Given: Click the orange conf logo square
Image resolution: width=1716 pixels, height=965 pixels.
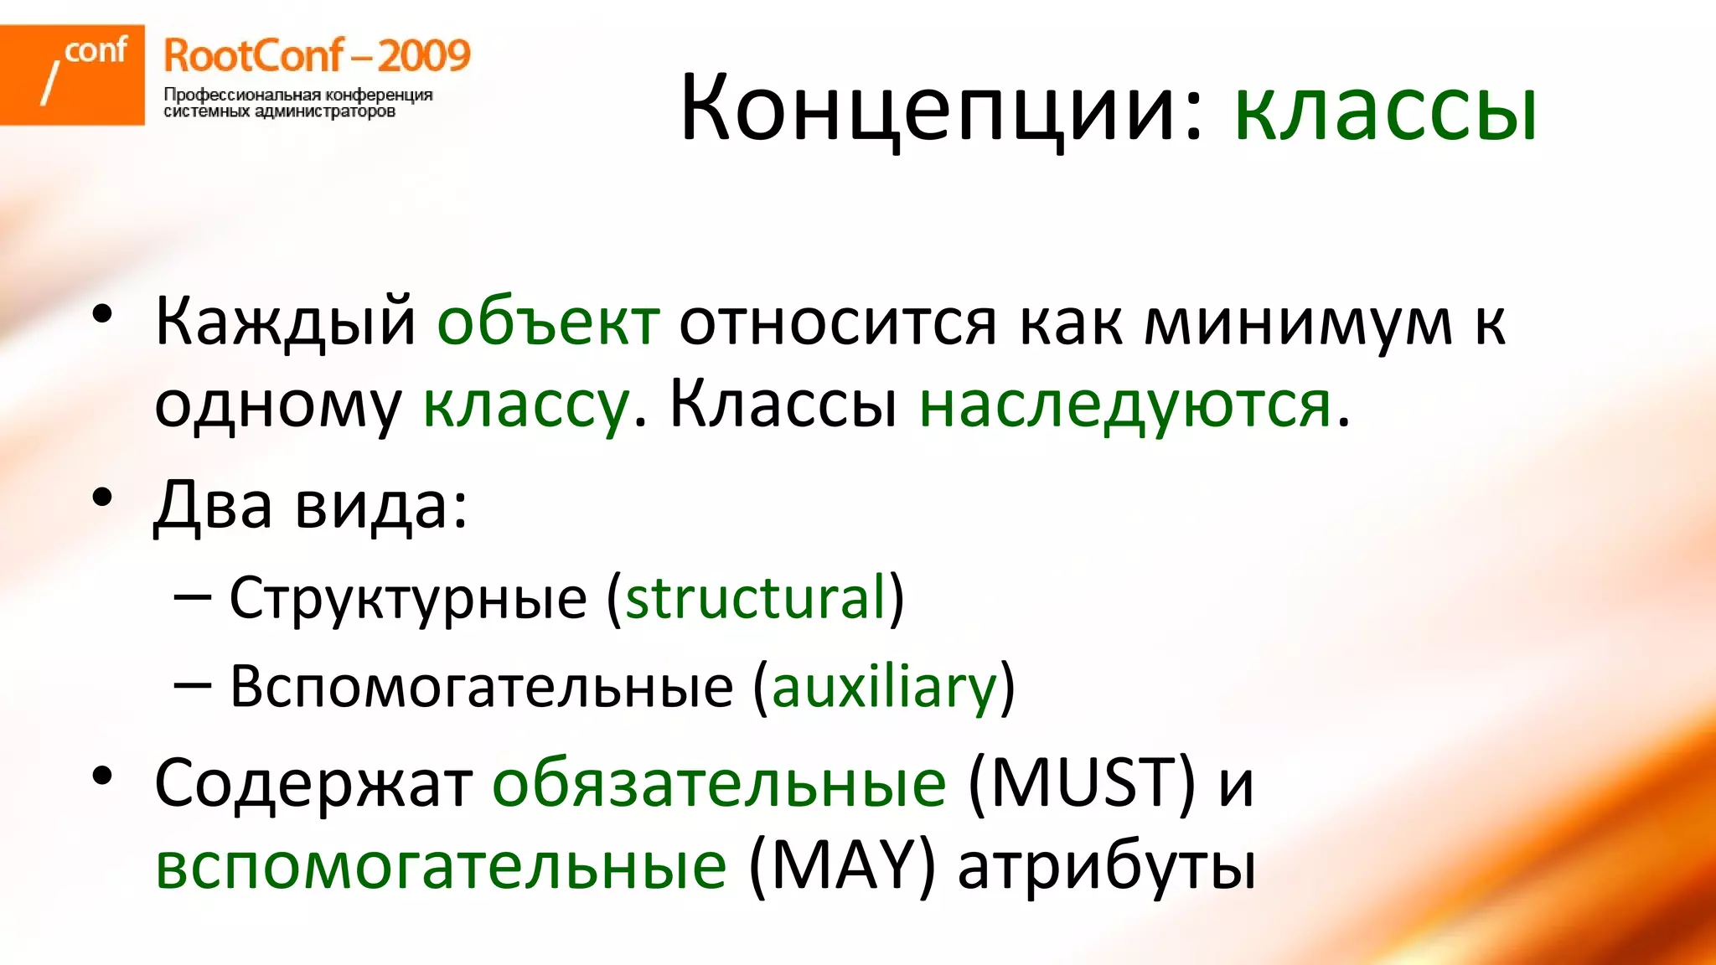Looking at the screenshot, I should [72, 75].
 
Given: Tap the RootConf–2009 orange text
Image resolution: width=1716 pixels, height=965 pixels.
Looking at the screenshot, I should [317, 56].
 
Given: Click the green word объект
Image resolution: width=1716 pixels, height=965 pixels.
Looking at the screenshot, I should [548, 323].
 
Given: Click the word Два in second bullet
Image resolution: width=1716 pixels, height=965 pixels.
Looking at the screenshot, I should [213, 506].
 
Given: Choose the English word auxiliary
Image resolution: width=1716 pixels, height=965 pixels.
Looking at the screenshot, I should [884, 688].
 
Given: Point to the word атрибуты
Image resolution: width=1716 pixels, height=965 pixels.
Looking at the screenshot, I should [1106, 866].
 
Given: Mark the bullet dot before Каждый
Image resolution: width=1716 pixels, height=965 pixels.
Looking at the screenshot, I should [102, 314].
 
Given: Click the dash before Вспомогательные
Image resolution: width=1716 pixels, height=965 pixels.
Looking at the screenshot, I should [192, 684].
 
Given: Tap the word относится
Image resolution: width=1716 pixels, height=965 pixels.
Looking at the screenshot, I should [837, 323].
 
